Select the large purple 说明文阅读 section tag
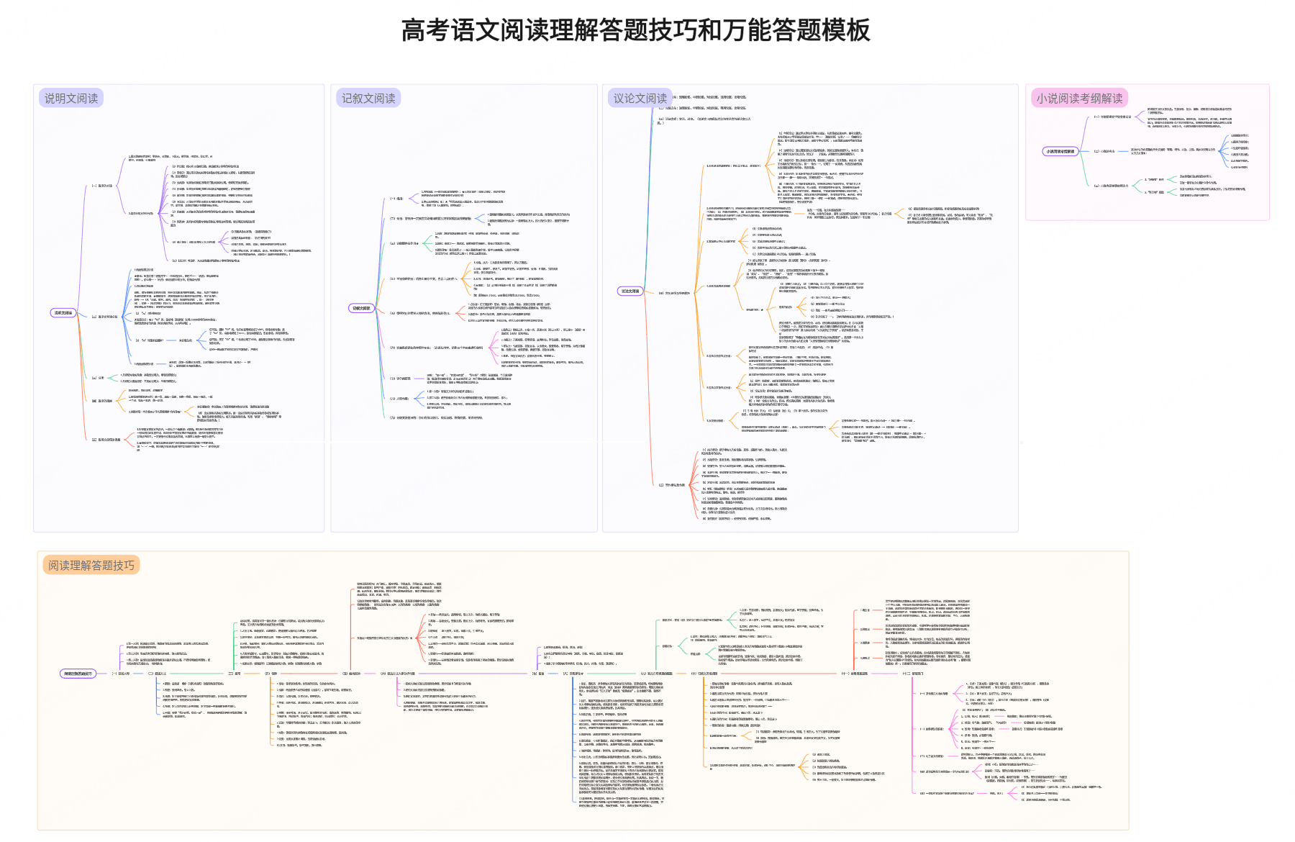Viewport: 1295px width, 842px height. coord(71,99)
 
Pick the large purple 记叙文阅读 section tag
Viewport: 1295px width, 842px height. coord(368,99)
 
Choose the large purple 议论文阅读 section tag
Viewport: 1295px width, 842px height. coord(640,99)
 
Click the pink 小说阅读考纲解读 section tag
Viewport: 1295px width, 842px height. coord(1079,99)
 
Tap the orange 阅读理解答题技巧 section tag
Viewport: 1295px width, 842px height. coord(91,566)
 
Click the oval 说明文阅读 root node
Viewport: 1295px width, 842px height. coord(63,313)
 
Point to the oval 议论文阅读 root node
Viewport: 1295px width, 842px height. coord(630,291)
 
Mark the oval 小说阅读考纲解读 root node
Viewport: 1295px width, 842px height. coord(1060,151)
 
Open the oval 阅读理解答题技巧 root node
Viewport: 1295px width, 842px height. coord(78,674)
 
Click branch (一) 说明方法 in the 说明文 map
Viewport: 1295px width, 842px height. coord(101,186)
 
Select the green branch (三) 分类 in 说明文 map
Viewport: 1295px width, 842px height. coord(99,378)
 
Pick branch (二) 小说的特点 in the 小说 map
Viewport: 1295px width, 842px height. coord(1104,151)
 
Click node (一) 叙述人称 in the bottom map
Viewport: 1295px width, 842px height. coord(120,674)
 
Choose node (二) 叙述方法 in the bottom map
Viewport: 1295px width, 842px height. coord(157,674)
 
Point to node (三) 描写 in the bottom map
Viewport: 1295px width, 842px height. coord(235,674)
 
